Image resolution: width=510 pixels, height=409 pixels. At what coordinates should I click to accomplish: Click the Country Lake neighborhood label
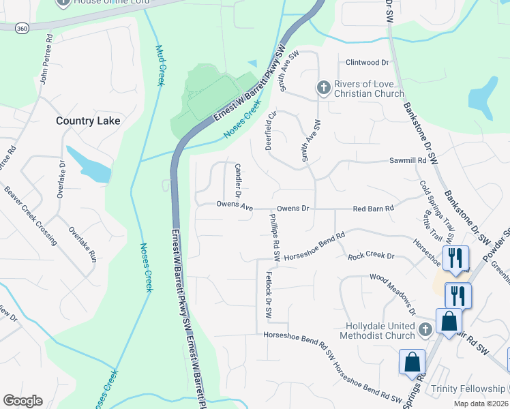tap(88, 121)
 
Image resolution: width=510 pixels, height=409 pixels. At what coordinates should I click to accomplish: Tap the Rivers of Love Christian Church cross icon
tap(323, 87)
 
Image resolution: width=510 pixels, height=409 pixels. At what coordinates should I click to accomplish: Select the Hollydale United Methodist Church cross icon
tap(424, 330)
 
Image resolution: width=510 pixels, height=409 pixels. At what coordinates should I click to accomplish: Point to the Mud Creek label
tap(160, 65)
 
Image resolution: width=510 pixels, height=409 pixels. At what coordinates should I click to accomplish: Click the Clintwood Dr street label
tap(367, 62)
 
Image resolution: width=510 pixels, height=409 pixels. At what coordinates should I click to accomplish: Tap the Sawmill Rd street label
tap(408, 161)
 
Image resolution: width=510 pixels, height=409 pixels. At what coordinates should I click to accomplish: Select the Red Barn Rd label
tap(374, 208)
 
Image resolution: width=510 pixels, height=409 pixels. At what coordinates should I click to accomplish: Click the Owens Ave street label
tap(235, 204)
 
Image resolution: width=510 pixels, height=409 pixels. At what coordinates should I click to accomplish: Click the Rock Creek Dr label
tap(371, 256)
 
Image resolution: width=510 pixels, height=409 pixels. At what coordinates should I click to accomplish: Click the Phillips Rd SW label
tap(275, 239)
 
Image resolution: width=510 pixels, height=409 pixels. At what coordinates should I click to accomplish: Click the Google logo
tap(22, 401)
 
